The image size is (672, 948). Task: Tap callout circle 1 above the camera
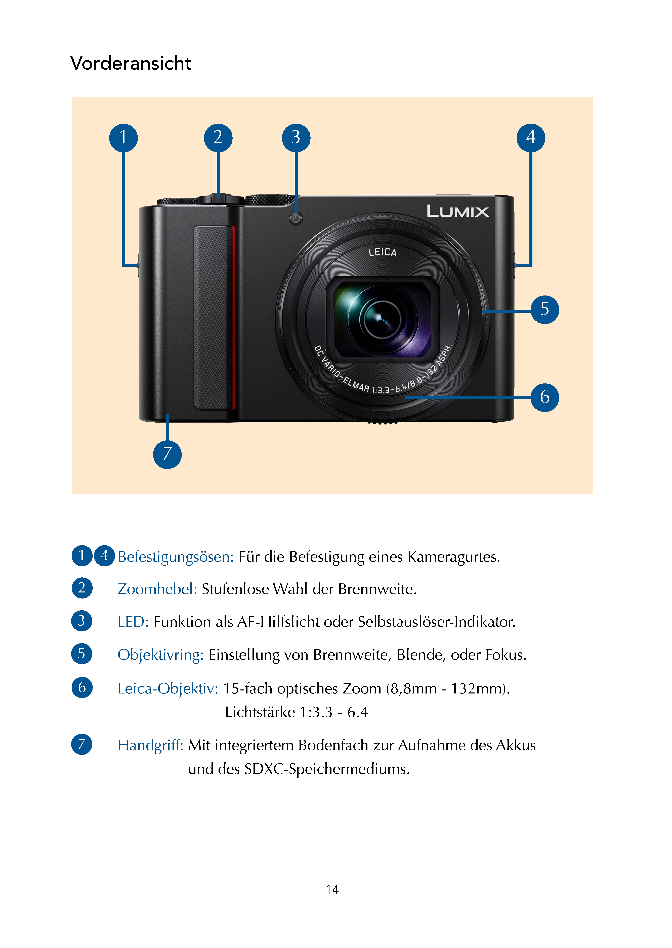click(123, 138)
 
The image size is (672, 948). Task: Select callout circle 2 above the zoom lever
click(218, 138)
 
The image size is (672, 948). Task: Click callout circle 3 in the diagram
click(296, 138)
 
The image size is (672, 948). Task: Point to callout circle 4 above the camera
click(531, 138)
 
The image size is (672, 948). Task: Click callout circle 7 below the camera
click(167, 454)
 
